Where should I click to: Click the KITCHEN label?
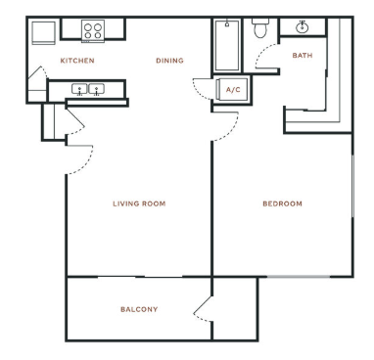(x=77, y=61)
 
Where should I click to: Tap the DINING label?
(x=169, y=61)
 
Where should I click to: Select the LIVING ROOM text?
(x=139, y=203)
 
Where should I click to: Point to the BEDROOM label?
(x=283, y=203)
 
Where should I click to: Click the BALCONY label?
(x=139, y=309)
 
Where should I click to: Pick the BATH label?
(x=303, y=56)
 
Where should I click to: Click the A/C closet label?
(x=233, y=90)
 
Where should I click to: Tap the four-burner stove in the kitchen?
(x=93, y=31)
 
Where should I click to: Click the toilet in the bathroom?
(x=260, y=27)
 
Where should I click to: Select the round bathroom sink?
(x=303, y=27)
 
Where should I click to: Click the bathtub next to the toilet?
(x=227, y=45)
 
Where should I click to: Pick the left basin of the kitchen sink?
(x=79, y=89)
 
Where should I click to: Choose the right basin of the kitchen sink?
(x=97, y=89)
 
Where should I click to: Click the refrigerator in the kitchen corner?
(x=43, y=32)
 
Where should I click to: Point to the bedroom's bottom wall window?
(x=299, y=277)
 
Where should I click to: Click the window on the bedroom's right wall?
(x=352, y=186)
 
